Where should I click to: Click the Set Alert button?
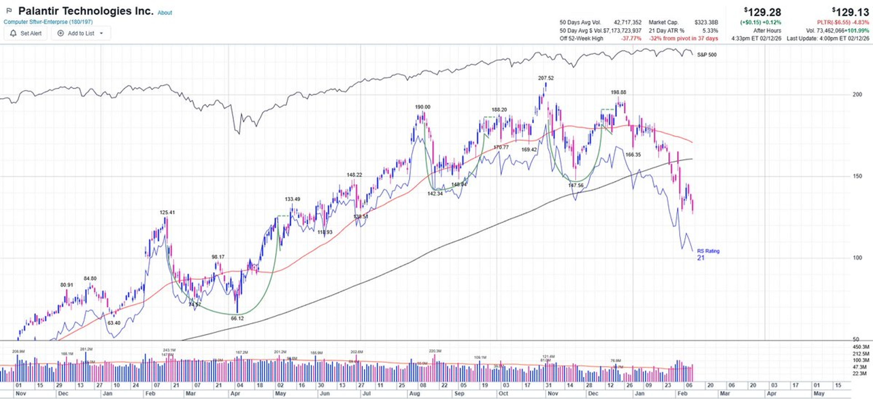(25, 33)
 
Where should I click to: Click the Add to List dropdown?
(81, 33)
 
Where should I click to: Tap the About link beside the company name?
(165, 13)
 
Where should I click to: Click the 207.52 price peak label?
(546, 78)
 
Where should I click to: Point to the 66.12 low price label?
(237, 318)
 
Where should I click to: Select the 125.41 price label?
(167, 213)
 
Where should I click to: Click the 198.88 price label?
(618, 92)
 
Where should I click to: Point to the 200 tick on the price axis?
(857, 95)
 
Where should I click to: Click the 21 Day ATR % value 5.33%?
(710, 30)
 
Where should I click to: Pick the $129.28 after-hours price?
(763, 12)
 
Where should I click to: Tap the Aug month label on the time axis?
(414, 394)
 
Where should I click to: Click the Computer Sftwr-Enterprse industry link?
(48, 22)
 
